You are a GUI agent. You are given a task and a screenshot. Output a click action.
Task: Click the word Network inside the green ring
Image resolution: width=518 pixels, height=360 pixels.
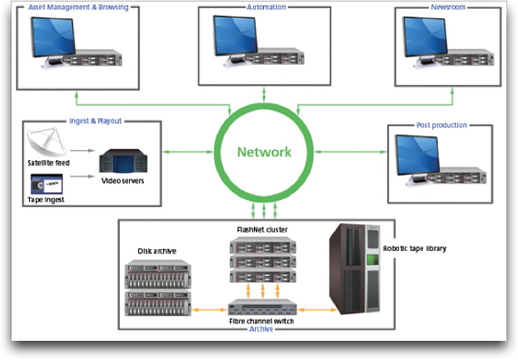(x=264, y=152)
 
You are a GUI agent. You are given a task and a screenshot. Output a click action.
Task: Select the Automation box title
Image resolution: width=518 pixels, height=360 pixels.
(x=266, y=7)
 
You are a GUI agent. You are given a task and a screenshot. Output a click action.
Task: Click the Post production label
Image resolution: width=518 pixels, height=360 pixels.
(x=441, y=125)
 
